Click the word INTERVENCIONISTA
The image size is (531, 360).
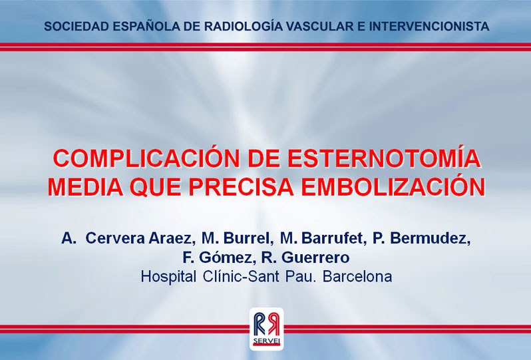[429, 26]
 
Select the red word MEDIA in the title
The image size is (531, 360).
[86, 186]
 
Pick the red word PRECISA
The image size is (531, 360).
[241, 186]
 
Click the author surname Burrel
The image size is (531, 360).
[248, 238]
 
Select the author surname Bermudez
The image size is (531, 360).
[430, 238]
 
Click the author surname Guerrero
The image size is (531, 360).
[315, 258]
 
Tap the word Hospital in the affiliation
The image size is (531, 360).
[168, 276]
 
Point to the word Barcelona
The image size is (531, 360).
[357, 277]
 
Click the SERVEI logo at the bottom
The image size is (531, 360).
[267, 329]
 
